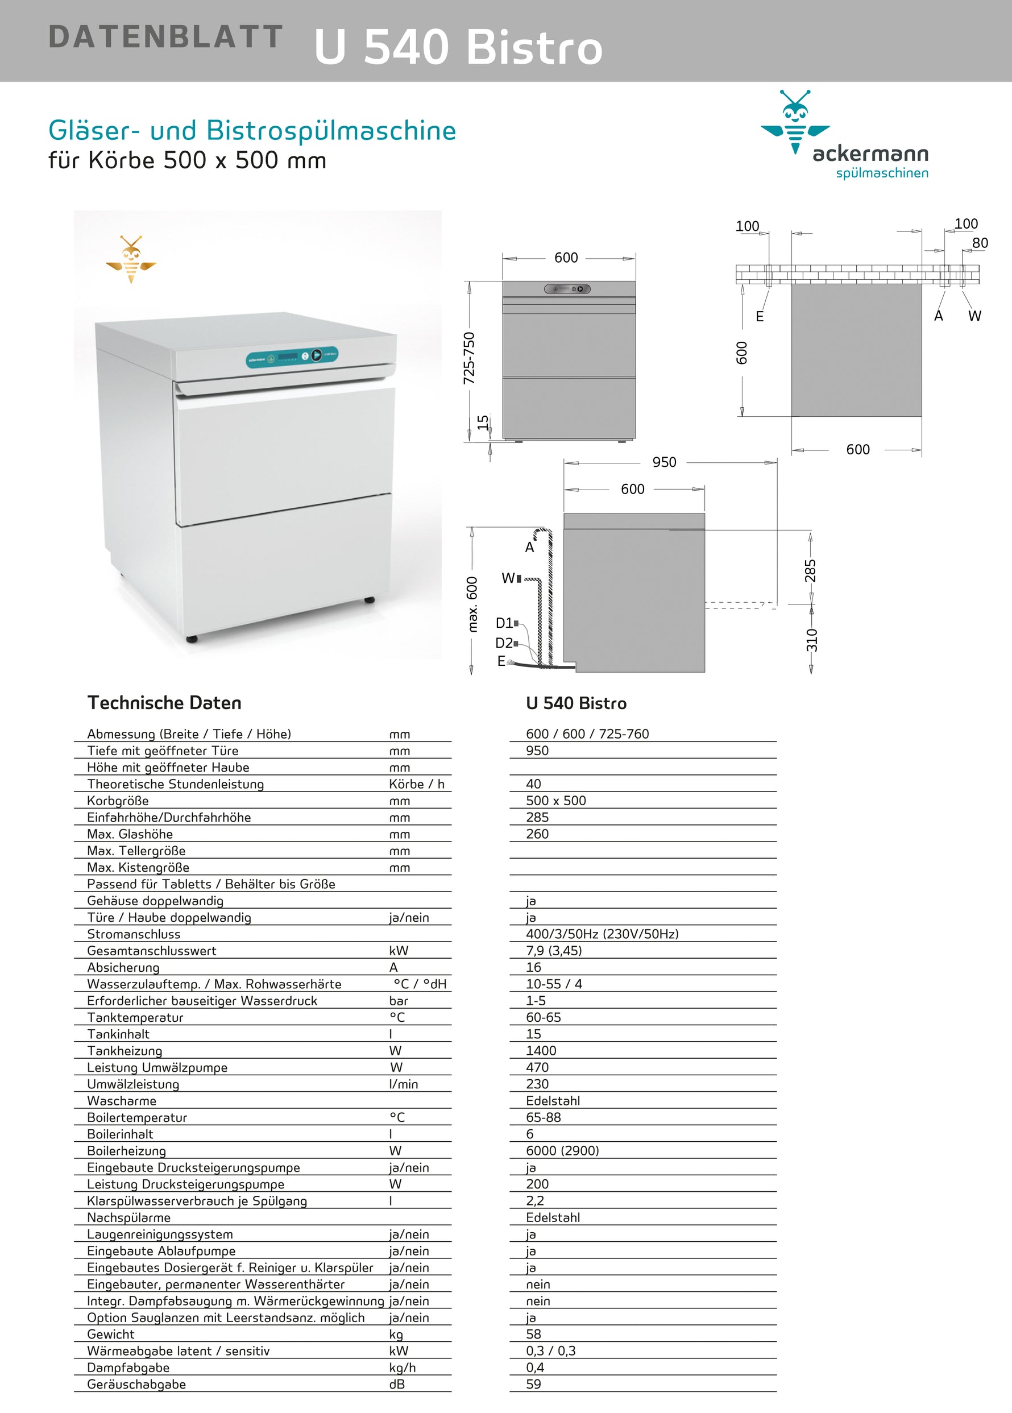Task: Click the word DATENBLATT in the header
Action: pos(165,37)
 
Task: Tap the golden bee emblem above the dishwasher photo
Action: pos(131,259)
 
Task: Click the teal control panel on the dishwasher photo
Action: pos(292,357)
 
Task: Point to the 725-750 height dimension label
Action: pos(469,358)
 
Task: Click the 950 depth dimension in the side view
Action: pos(664,462)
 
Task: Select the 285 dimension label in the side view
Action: pos(810,571)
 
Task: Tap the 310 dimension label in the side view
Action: pos(811,640)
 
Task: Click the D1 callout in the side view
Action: pos(504,623)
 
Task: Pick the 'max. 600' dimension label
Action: pos(472,604)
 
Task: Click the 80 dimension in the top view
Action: pos(980,243)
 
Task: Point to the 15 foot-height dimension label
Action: pos(483,422)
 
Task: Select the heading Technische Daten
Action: pos(164,703)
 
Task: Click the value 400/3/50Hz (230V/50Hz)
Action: pos(602,934)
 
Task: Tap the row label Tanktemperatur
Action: pos(135,1017)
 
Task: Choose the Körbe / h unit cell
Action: pos(417,784)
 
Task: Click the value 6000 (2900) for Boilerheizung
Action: pos(562,1151)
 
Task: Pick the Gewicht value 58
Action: pos(534,1334)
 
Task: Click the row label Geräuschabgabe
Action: pos(136,1384)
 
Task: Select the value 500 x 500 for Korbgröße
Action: pos(556,801)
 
